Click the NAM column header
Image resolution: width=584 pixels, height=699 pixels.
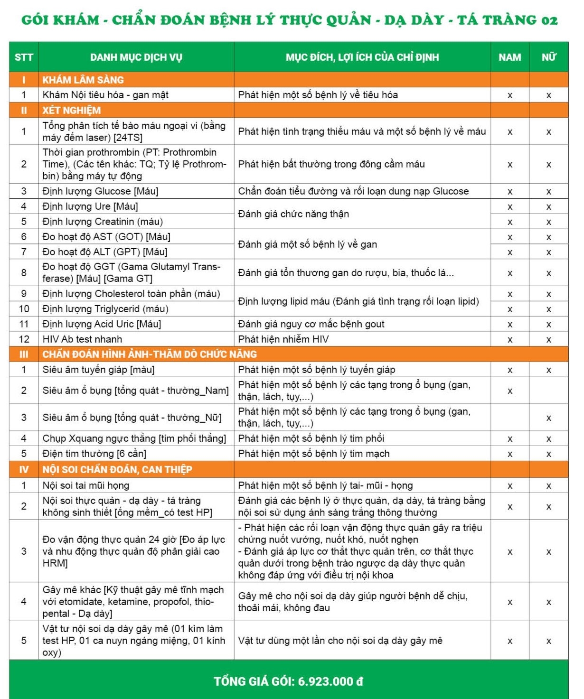pyautogui.click(x=509, y=57)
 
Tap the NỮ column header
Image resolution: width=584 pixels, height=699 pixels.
pyautogui.click(x=548, y=57)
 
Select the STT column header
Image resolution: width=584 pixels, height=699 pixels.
pyautogui.click(x=24, y=57)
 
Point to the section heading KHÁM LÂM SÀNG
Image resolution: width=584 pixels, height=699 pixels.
pyautogui.click(x=83, y=80)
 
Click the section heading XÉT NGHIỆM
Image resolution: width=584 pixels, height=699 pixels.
pyautogui.click(x=72, y=111)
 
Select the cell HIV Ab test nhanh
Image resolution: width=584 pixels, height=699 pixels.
pyautogui.click(x=82, y=339)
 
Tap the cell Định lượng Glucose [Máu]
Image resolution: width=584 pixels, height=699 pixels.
pyautogui.click(x=100, y=191)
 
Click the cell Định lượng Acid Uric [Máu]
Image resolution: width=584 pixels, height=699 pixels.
pyautogui.click(x=102, y=324)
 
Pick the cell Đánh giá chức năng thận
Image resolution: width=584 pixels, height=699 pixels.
pyautogui.click(x=293, y=214)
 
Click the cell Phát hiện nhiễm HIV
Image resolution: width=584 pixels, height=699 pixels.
pyautogui.click(x=283, y=339)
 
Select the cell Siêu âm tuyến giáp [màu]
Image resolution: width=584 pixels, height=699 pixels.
pyautogui.click(x=98, y=370)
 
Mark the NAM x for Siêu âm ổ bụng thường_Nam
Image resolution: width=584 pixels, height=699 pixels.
pyautogui.click(x=510, y=391)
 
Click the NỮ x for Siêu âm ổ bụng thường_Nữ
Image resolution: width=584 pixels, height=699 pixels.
pyautogui.click(x=548, y=418)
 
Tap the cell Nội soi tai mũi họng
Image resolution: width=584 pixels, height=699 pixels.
pyautogui.click(x=86, y=485)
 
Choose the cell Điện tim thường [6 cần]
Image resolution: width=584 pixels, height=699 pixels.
pyautogui.click(x=94, y=454)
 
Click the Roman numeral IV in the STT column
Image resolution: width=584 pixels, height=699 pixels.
pyautogui.click(x=24, y=470)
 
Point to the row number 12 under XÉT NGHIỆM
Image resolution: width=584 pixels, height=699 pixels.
pyautogui.click(x=24, y=339)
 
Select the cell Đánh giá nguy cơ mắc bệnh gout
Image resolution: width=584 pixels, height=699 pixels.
pyautogui.click(x=311, y=324)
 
